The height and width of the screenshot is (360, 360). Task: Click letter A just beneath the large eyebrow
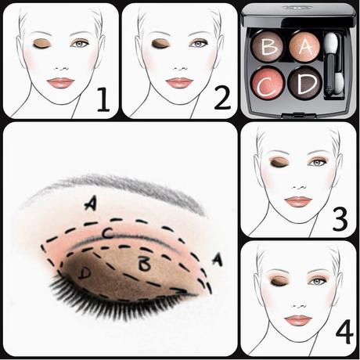92,203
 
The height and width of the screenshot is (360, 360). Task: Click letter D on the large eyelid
85,272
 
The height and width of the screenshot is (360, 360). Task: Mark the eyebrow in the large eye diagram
117,186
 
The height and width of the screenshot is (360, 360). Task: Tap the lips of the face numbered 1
60,82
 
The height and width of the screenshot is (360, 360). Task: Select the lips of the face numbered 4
297,320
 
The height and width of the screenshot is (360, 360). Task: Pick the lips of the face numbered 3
297,201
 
